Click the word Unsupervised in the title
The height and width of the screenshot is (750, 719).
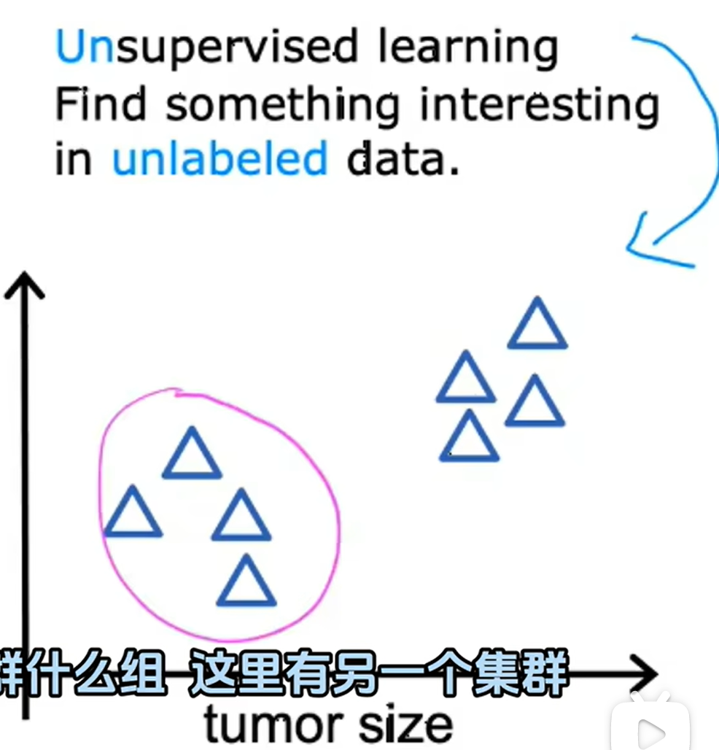[207, 47]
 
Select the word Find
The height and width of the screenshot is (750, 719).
[101, 104]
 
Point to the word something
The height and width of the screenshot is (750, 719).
[282, 107]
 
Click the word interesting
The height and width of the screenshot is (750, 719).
[540, 107]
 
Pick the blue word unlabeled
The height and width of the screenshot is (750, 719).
[220, 158]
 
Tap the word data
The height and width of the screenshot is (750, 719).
[403, 158]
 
